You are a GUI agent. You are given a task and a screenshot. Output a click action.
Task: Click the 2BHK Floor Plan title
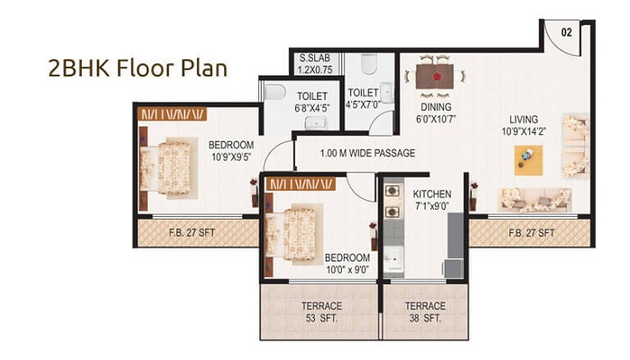click(138, 69)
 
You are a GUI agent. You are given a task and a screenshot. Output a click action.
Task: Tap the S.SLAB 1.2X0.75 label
click(316, 64)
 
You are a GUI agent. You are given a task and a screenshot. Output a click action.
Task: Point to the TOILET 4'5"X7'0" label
click(364, 97)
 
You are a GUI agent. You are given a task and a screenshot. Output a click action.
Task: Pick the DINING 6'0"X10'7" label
click(436, 112)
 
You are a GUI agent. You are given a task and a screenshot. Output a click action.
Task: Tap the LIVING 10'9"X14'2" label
click(522, 125)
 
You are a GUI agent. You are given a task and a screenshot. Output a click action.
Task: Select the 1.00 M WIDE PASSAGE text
click(367, 153)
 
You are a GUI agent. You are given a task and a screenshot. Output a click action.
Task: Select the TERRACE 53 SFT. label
click(320, 312)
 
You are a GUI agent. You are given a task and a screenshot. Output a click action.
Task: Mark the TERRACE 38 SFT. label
click(423, 312)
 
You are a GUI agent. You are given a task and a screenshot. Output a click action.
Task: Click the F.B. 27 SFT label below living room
click(531, 233)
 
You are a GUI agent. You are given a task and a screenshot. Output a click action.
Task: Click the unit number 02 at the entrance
click(567, 31)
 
